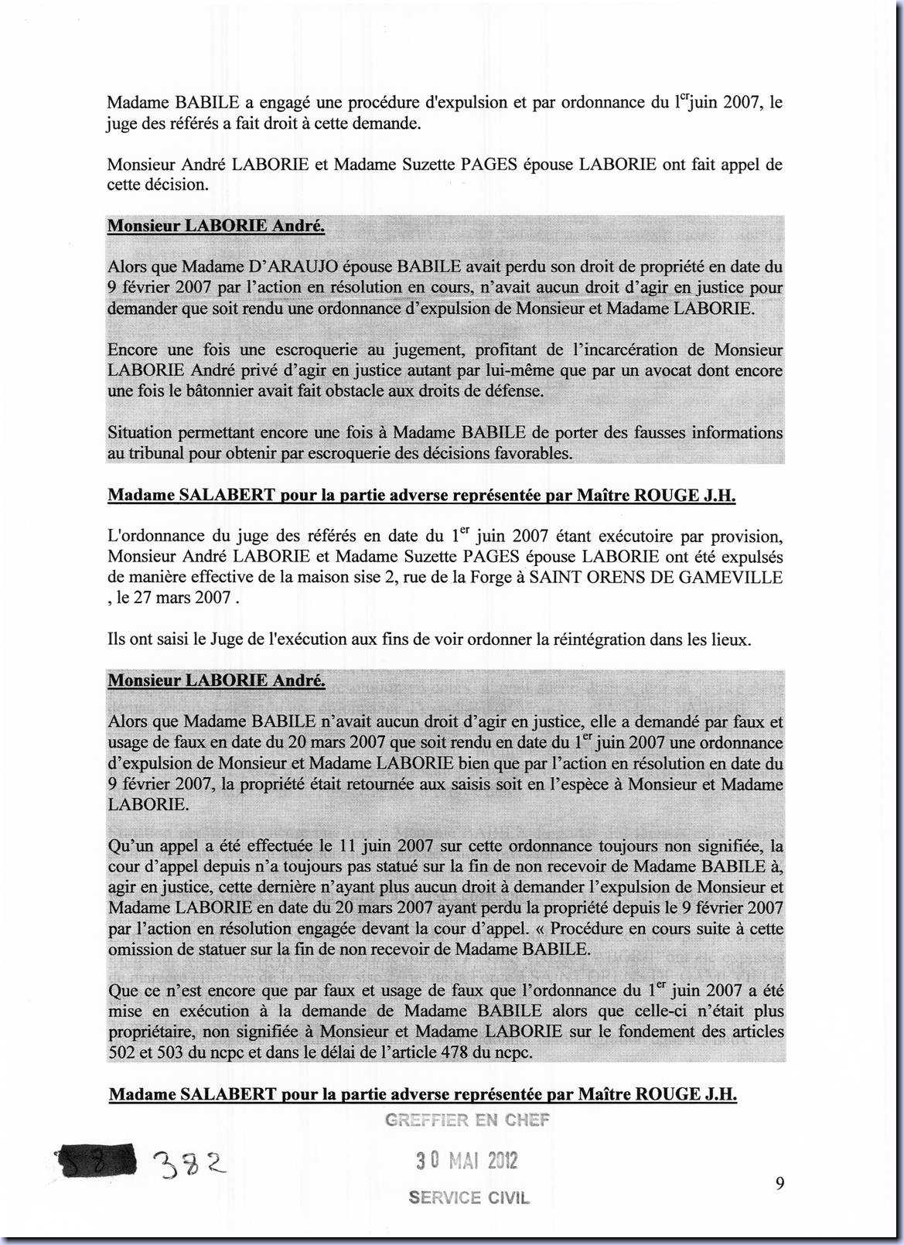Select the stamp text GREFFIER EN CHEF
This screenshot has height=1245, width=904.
click(x=467, y=1120)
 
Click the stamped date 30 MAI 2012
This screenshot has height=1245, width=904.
click(x=467, y=1161)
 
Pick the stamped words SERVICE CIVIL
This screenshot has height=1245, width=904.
click(x=469, y=1198)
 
